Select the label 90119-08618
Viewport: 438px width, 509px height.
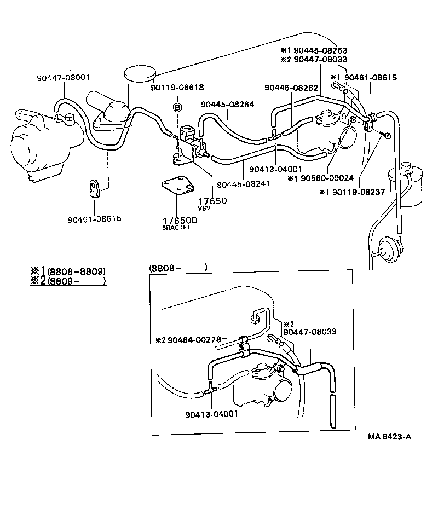point(177,87)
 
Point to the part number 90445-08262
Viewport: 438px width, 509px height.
point(289,88)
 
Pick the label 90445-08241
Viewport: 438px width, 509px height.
point(243,184)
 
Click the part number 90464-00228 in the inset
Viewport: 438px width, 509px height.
point(194,339)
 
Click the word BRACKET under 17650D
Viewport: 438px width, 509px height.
point(176,228)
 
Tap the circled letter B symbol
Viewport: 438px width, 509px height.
point(177,107)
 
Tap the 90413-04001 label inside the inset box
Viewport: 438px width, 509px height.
point(211,414)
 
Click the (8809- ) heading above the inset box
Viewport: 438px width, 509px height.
point(177,268)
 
